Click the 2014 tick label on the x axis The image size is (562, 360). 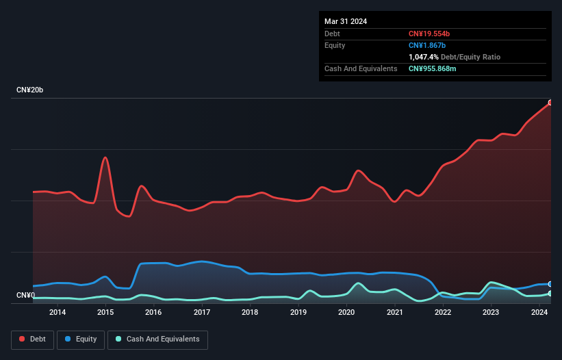click(58, 313)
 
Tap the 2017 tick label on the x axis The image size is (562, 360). click(202, 313)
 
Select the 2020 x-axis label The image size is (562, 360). click(346, 313)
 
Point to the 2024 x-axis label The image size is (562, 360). click(539, 313)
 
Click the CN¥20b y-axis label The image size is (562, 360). click(30, 90)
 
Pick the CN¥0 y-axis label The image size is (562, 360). click(25, 296)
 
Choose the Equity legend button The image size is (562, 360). click(81, 339)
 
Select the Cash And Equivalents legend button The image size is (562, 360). click(157, 339)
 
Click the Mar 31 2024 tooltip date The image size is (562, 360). click(346, 21)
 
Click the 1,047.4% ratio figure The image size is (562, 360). click(426, 57)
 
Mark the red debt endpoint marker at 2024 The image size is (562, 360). click(550, 103)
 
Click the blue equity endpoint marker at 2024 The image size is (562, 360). click(550, 284)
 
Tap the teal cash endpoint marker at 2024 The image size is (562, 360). click(550, 294)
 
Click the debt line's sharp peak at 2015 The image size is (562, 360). click(105, 157)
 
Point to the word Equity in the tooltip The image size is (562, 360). click(335, 45)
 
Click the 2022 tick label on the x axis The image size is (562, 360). click(443, 313)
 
